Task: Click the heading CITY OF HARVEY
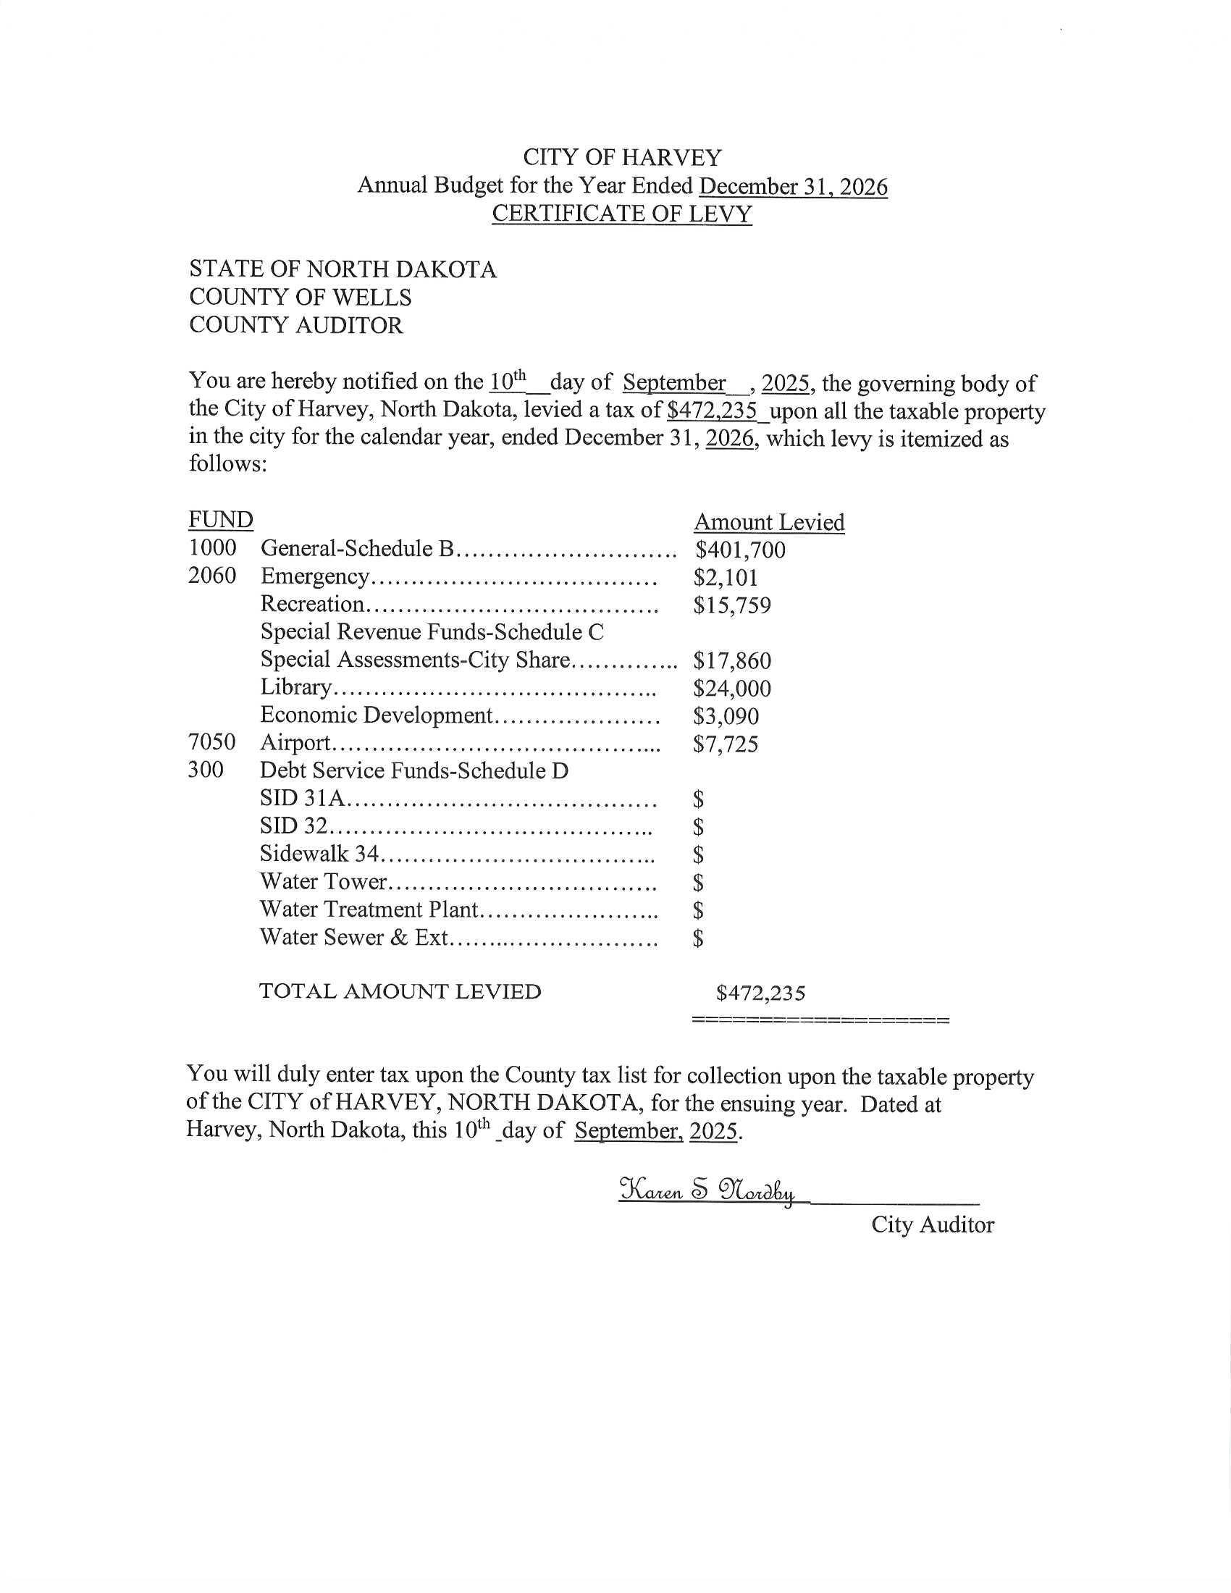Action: (x=622, y=158)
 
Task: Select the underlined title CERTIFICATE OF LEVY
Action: (x=621, y=214)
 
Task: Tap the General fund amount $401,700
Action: (x=740, y=550)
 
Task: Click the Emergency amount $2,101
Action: (x=726, y=578)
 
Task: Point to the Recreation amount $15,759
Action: (x=732, y=605)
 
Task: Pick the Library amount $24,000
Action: (x=732, y=689)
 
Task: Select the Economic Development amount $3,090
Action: (x=726, y=716)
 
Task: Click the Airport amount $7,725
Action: (x=726, y=744)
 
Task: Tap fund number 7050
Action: (x=211, y=742)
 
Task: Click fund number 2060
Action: (x=212, y=576)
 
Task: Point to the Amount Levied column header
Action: (x=768, y=522)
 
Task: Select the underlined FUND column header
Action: (x=220, y=520)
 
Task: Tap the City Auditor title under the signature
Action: (x=932, y=1224)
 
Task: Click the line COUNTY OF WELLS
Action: (x=300, y=298)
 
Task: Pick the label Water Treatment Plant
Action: (x=369, y=909)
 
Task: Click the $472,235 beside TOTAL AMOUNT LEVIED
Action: (x=760, y=993)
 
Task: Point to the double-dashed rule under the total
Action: (x=820, y=1020)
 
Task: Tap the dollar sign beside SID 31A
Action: (x=699, y=800)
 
